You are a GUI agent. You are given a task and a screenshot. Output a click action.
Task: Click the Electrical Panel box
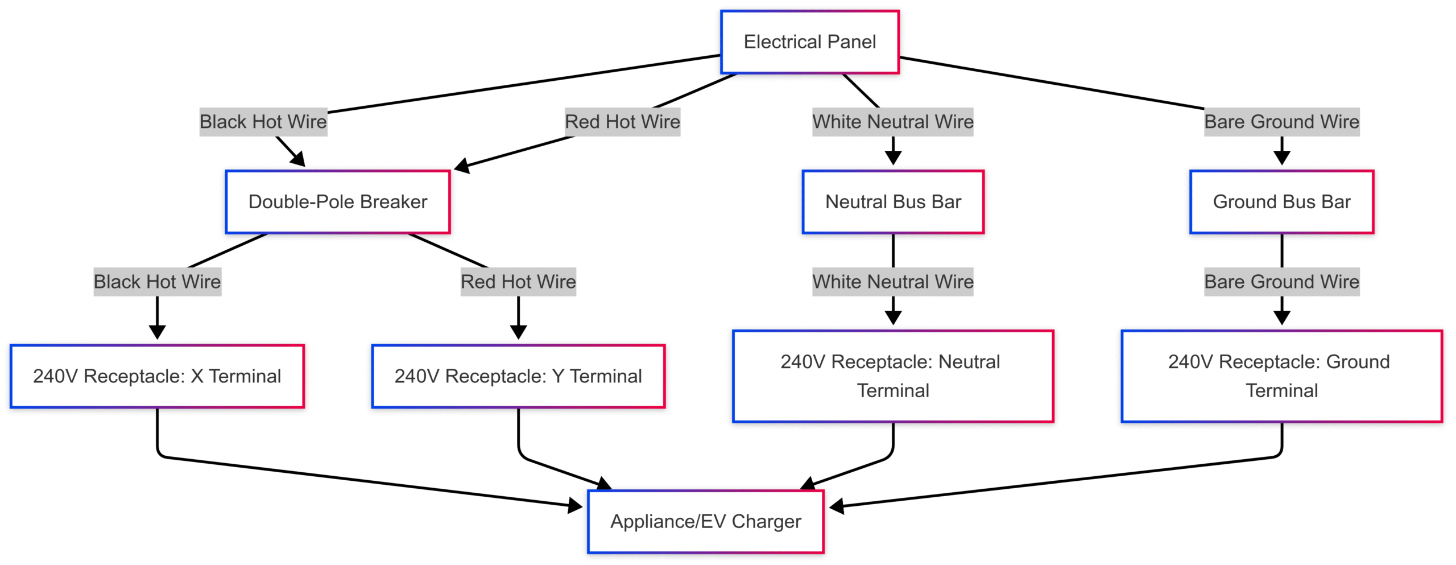[809, 42]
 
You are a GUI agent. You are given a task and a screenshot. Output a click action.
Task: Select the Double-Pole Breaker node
[338, 202]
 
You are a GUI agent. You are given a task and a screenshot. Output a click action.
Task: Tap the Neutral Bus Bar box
[893, 202]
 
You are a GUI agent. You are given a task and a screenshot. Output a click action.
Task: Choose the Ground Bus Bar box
[1281, 202]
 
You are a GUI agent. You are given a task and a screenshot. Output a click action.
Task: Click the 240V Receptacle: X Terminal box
[157, 376]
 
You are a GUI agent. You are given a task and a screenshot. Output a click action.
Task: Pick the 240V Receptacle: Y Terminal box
[518, 376]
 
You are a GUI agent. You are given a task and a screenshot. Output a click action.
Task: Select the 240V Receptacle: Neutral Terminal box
[893, 376]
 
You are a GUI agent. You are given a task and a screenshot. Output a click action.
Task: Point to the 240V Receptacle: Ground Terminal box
[1281, 376]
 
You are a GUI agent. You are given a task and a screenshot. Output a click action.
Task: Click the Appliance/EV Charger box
[706, 521]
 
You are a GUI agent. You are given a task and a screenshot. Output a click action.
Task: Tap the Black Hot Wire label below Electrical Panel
[263, 122]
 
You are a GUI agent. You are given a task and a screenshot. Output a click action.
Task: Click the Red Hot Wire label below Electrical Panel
[622, 122]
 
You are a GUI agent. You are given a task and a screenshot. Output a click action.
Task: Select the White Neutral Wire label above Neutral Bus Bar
[893, 122]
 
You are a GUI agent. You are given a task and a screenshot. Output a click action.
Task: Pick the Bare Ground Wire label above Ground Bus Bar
[1281, 122]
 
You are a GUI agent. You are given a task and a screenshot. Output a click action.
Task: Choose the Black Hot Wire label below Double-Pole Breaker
[157, 282]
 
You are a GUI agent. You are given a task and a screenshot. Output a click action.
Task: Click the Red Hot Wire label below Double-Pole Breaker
[518, 282]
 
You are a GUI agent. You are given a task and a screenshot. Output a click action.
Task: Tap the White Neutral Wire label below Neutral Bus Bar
[893, 282]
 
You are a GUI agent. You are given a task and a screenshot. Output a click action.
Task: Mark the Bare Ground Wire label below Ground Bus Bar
[1281, 282]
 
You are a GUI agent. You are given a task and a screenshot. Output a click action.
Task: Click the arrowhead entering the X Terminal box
[157, 332]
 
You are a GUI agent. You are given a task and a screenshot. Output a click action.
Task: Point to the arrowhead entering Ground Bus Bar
[1281, 158]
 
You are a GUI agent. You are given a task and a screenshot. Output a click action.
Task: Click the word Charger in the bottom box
[766, 521]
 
